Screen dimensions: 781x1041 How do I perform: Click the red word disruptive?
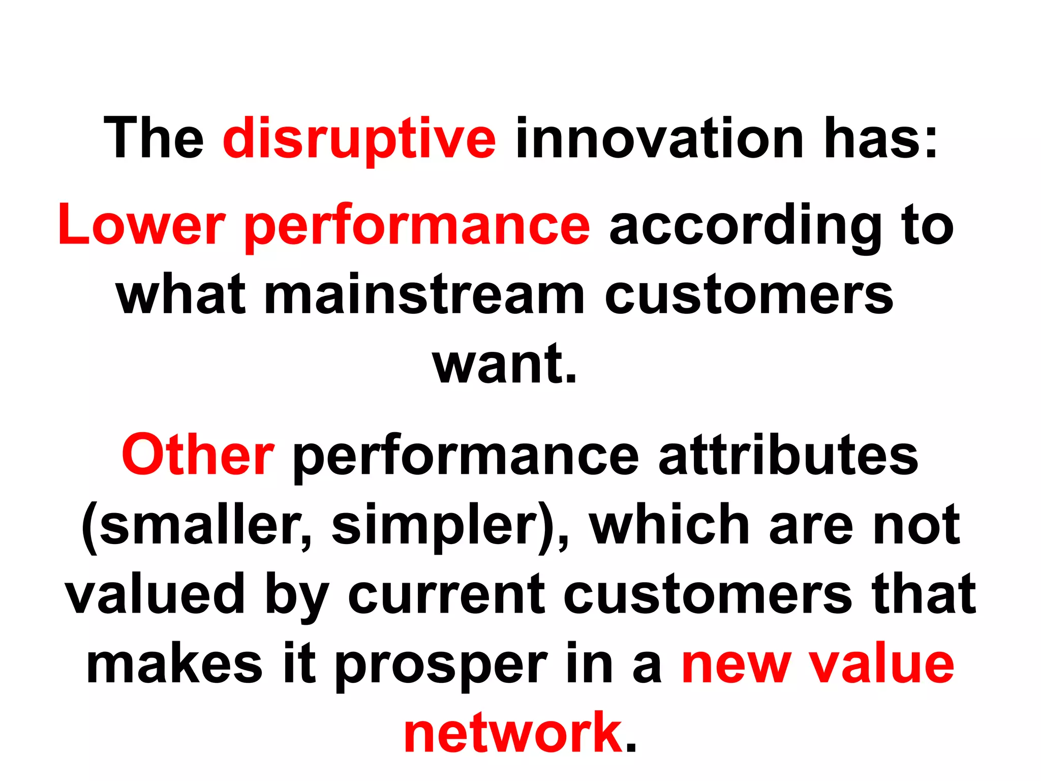tap(359, 138)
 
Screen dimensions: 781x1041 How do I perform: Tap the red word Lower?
tap(141, 225)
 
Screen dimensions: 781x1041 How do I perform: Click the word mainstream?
tap(424, 295)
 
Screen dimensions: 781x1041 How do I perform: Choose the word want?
tap(504, 364)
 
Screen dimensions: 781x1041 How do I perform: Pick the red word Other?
tap(198, 455)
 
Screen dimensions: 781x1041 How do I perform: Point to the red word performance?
tap(417, 225)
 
